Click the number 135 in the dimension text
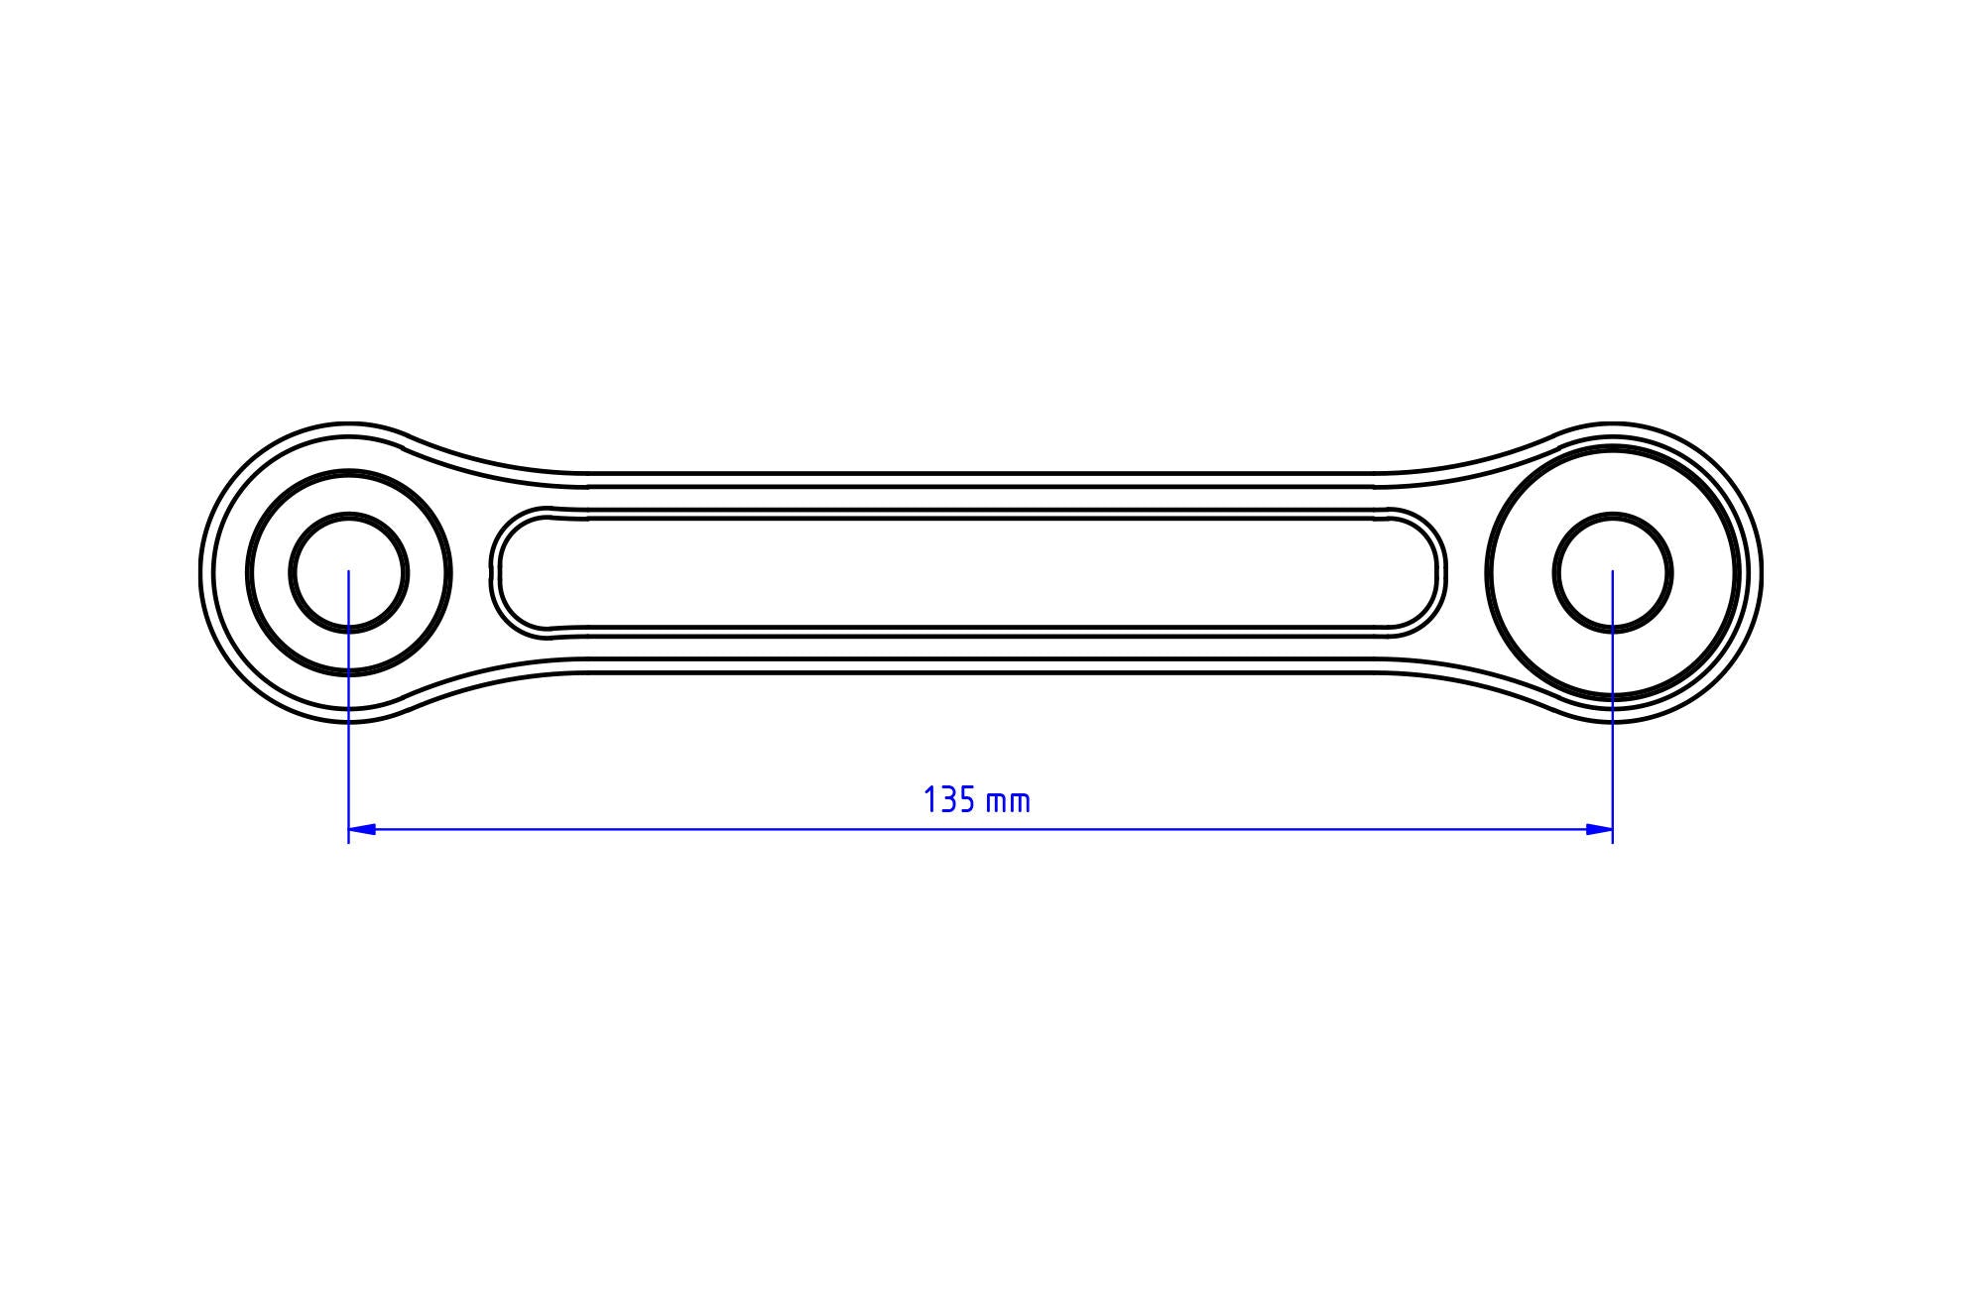pyautogui.click(x=949, y=800)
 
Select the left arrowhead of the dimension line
pyautogui.click(x=362, y=829)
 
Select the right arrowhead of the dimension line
pyautogui.click(x=1599, y=829)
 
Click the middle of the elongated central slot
pyautogui.click(x=967, y=572)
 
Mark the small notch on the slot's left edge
pyautogui.click(x=492, y=573)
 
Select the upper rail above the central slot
pyautogui.click(x=967, y=498)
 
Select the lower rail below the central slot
pyautogui.click(x=967, y=647)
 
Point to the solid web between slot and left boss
pyautogui.click(x=471, y=572)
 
